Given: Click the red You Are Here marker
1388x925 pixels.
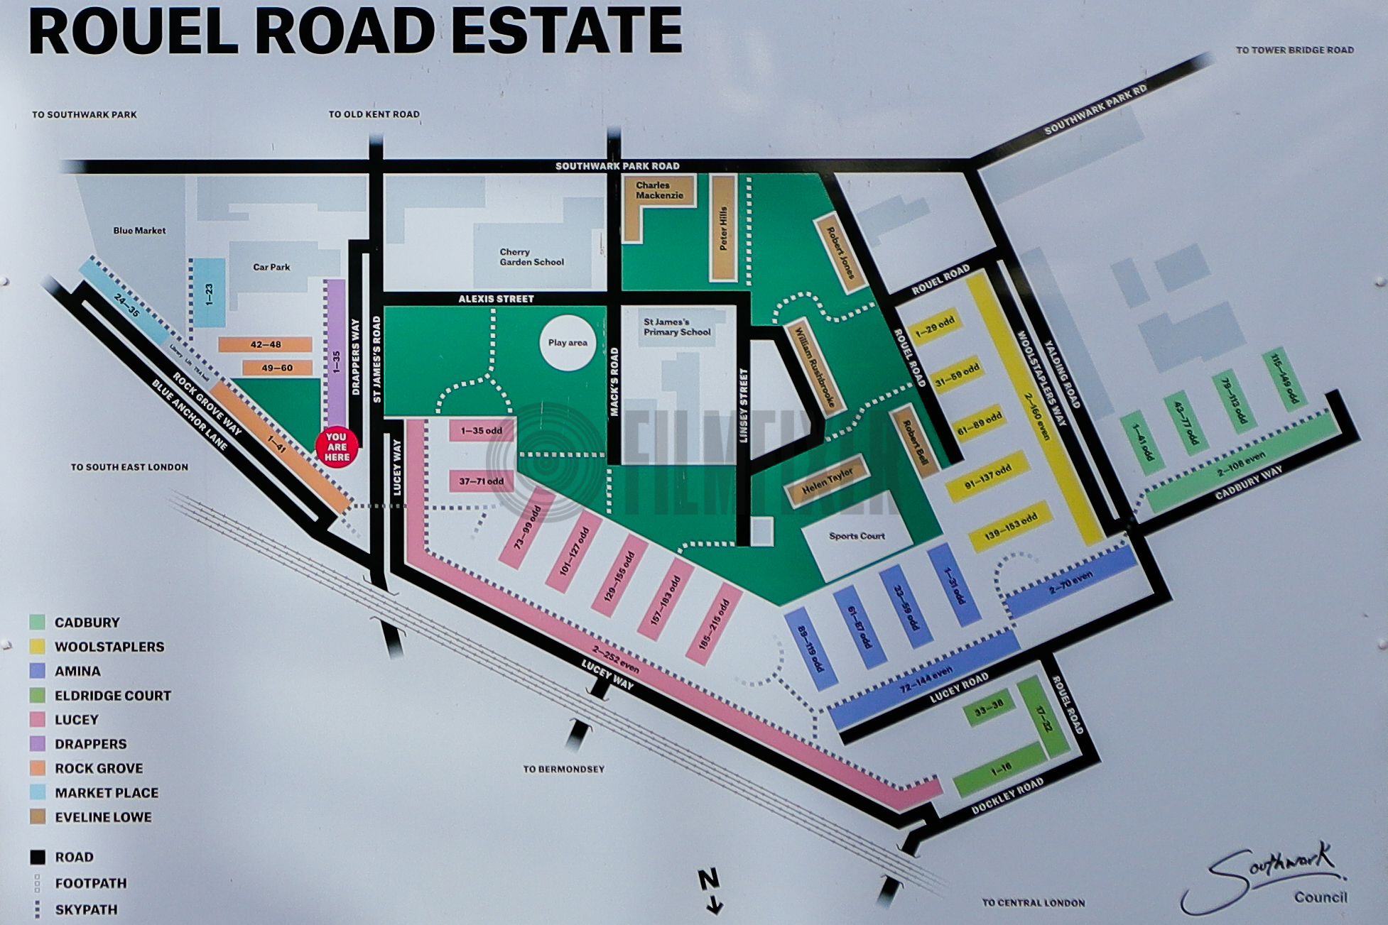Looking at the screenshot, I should click(x=337, y=447).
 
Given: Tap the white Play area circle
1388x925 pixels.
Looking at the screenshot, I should click(x=568, y=343).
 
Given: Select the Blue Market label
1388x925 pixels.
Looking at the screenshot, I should click(x=139, y=231).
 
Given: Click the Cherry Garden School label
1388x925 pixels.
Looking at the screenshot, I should click(x=531, y=257).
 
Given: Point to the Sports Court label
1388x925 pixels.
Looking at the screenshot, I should click(x=857, y=536).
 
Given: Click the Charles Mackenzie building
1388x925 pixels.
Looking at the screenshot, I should click(x=659, y=190).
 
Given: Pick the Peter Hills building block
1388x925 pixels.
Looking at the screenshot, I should click(x=722, y=228).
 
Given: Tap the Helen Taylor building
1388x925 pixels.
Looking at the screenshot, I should click(x=828, y=481).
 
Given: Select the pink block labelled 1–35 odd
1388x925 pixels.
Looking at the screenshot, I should click(x=482, y=431).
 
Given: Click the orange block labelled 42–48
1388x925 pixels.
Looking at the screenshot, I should click(x=265, y=344).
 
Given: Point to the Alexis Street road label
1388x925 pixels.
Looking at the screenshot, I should click(x=496, y=299).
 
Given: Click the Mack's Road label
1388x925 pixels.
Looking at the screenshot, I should click(x=614, y=382).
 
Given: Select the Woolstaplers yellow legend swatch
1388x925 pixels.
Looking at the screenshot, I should click(x=37, y=647).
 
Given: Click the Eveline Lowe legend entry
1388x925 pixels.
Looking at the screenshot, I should click(x=103, y=817).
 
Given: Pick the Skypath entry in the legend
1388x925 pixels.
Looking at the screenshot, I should click(x=85, y=909).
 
